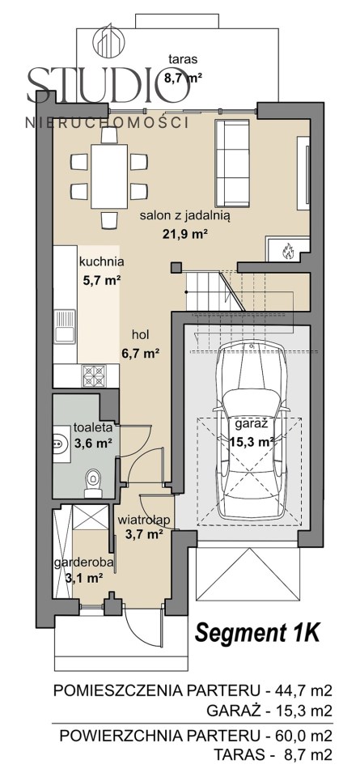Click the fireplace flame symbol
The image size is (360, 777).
click(x=286, y=251)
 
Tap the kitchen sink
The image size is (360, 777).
click(x=65, y=326)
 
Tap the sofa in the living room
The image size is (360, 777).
click(x=232, y=163)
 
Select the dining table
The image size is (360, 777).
click(x=109, y=176)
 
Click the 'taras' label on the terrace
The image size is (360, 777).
click(x=183, y=60)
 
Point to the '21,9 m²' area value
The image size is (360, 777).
click(x=184, y=233)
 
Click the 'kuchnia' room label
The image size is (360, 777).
click(x=101, y=262)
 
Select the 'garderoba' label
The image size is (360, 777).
click(x=85, y=563)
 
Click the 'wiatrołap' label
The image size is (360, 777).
click(x=144, y=520)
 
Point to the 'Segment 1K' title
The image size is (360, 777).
click(x=257, y=633)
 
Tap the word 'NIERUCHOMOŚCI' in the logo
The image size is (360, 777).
click(x=107, y=122)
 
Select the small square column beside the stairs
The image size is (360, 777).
click(x=176, y=268)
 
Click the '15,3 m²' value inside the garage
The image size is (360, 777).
click(x=252, y=442)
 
